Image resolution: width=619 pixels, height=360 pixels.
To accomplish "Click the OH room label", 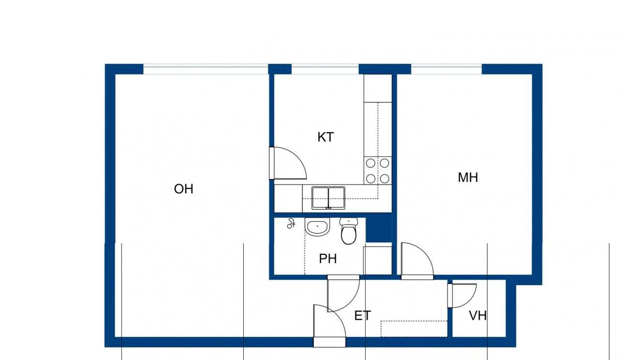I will [184, 189].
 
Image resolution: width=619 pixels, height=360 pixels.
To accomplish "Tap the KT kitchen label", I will [325, 137].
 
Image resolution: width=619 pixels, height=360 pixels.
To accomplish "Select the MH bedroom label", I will [468, 177].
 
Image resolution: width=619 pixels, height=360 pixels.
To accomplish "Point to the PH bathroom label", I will [327, 259].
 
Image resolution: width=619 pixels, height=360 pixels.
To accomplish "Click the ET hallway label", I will [363, 316].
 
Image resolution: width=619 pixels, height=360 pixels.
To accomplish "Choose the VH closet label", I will [478, 316].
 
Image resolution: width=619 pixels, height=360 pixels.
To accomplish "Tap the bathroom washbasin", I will [317, 227].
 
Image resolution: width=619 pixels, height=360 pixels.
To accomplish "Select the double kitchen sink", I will [328, 198].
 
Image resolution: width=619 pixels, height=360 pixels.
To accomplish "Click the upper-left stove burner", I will [371, 163].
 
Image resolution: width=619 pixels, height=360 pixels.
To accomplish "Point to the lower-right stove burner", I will [384, 179].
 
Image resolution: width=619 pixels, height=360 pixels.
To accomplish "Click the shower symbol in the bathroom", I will [291, 224].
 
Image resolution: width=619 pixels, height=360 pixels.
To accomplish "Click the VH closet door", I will [462, 295].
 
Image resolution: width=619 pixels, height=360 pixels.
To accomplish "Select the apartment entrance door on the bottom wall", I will [329, 326].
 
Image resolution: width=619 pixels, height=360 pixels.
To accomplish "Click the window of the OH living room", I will [206, 69].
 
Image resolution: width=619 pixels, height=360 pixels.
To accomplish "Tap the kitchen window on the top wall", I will [325, 69].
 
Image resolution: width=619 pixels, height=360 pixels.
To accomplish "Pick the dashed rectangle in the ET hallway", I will [413, 329].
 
